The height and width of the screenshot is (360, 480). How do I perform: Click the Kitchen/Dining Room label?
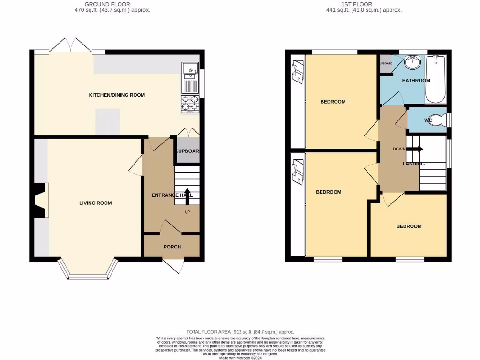click(117, 95)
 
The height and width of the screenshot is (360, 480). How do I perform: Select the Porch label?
click(172, 247)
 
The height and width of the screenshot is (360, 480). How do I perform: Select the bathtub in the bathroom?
click(435, 79)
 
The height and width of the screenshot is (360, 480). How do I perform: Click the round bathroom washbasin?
click(413, 60)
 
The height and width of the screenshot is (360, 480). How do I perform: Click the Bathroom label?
click(416, 81)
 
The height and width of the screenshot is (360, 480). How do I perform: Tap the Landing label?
click(413, 164)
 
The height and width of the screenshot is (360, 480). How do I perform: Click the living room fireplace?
click(41, 200)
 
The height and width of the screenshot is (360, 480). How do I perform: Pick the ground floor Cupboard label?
click(187, 151)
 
